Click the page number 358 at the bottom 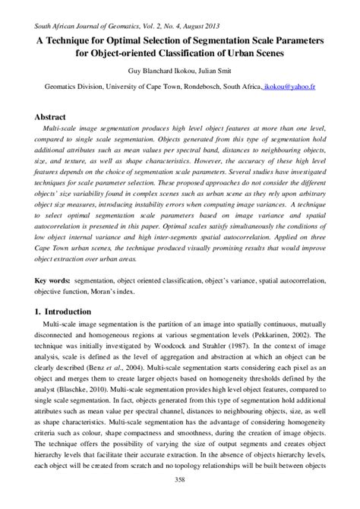pos(180,500)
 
